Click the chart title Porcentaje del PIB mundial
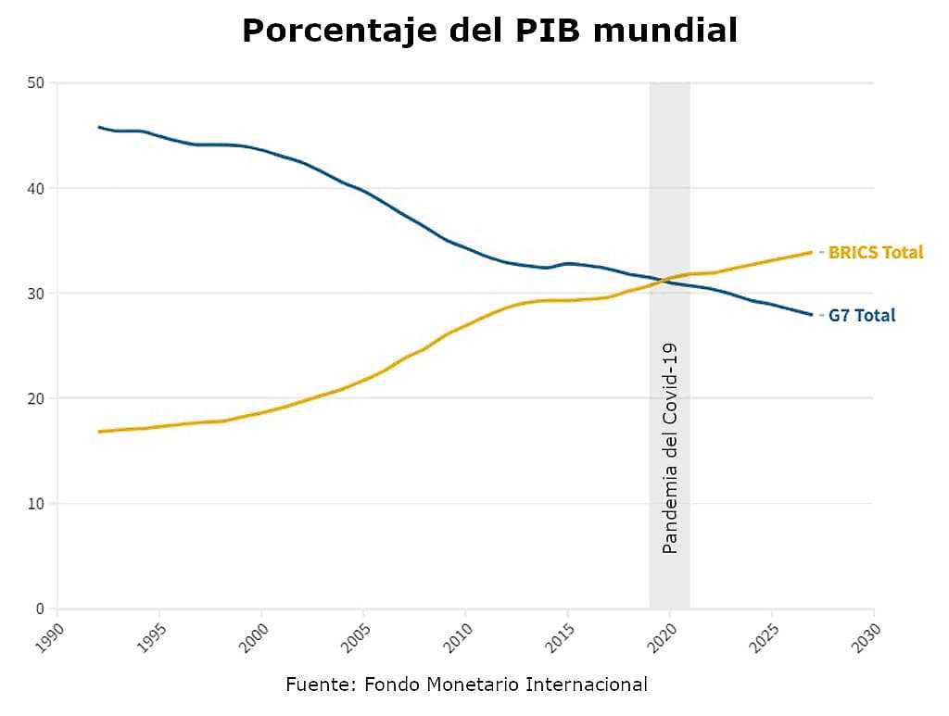489,31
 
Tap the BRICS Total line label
875,252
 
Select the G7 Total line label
861,315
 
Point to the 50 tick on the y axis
36,82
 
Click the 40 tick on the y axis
36,188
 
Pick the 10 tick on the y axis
36,504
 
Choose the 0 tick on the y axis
40,609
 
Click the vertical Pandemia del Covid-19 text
670,448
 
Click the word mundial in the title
665,31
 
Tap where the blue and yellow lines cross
660,281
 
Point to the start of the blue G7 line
99,127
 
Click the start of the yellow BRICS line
99,432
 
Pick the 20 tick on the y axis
36,398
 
